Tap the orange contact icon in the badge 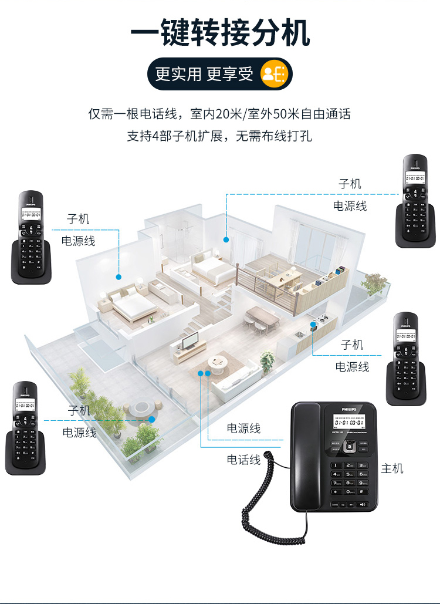tap(275, 73)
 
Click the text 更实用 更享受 tap(204, 74)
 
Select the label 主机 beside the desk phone tap(392, 468)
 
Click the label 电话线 tap(243, 460)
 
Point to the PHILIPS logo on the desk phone tap(350, 408)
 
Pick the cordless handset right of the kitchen tap(405, 359)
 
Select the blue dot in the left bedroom tap(119, 276)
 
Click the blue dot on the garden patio tap(151, 419)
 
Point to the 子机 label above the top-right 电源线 tap(350, 184)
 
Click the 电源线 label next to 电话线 tap(243, 429)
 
